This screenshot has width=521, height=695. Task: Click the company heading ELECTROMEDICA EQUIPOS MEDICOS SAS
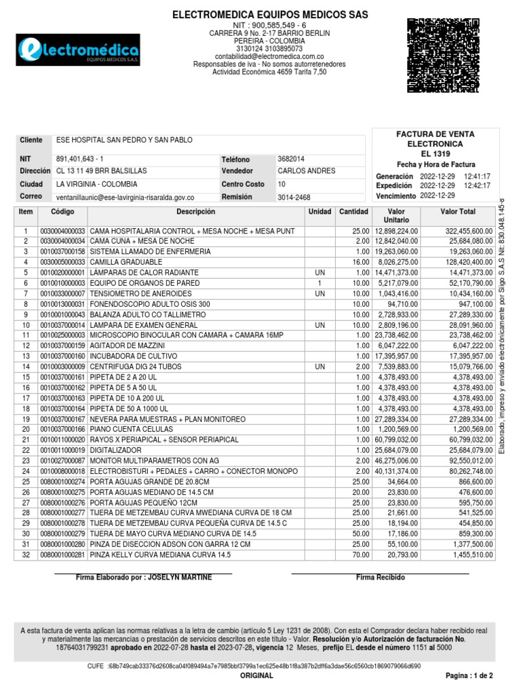pos(269,14)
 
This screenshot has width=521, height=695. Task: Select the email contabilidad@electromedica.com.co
pos(269,57)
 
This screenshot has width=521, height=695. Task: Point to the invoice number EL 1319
pos(436,155)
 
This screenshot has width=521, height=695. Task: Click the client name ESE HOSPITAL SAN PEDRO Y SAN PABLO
pos(124,140)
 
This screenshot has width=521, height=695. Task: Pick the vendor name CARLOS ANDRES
pos(306,171)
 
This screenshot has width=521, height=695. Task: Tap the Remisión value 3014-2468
pos(294,198)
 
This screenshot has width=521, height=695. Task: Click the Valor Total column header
pos(458,212)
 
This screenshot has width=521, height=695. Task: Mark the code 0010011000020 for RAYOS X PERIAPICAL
pos(63,440)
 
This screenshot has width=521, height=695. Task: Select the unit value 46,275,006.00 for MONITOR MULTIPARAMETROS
pos(394,461)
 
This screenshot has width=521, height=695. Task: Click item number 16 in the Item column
pos(26,388)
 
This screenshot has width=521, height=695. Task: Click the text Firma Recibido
pos(380,577)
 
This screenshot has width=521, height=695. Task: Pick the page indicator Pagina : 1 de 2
pos(469,676)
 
